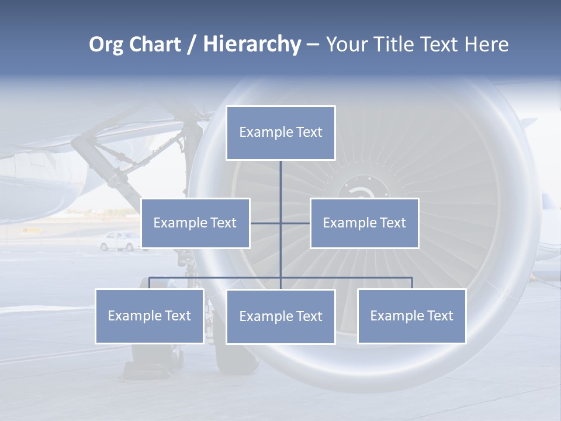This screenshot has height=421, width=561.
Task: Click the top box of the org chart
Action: [280, 133]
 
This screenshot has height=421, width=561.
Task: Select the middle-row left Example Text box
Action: [195, 223]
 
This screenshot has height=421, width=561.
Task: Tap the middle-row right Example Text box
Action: [364, 223]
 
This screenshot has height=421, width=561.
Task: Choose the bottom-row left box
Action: [149, 316]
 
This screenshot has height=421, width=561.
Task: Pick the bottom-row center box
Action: [280, 316]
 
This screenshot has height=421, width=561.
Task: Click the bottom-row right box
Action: [411, 316]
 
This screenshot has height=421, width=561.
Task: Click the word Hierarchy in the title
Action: [251, 44]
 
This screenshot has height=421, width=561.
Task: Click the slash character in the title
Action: [192, 45]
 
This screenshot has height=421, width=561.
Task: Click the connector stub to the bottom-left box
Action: [149, 283]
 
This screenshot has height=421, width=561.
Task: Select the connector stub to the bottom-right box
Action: [412, 283]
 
